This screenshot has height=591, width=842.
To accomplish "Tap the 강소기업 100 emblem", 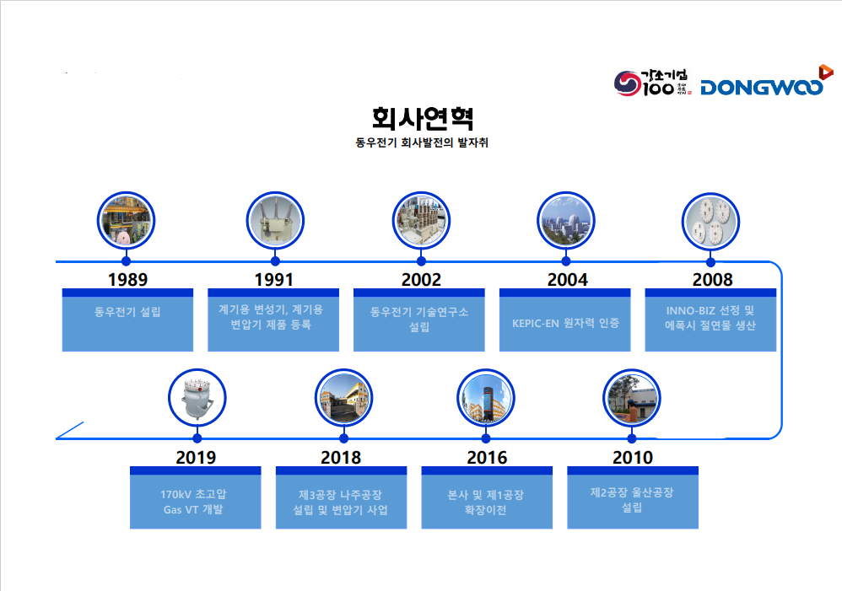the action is click(x=652, y=83).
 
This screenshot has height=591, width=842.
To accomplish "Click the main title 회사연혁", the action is click(x=422, y=118).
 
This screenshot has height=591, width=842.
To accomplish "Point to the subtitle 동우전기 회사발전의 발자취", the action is click(x=422, y=142).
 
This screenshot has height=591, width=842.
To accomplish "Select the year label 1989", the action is click(x=127, y=280).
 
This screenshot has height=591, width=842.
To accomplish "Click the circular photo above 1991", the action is click(x=275, y=221).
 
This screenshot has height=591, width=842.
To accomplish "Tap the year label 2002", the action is click(x=421, y=280).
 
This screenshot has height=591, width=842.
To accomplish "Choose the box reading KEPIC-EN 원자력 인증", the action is click(x=565, y=320).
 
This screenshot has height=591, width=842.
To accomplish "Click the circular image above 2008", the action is click(x=710, y=221).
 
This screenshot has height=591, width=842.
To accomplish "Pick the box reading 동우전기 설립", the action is click(x=127, y=320).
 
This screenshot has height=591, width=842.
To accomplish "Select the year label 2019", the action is click(x=196, y=457).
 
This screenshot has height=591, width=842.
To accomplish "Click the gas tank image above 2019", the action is click(x=197, y=398).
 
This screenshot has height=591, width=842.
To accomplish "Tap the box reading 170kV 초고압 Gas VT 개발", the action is click(x=196, y=497).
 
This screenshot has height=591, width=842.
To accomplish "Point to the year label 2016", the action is click(x=487, y=457).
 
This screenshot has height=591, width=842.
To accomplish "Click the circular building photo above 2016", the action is click(x=486, y=398).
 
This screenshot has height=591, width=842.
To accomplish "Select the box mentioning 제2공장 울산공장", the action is click(x=633, y=497).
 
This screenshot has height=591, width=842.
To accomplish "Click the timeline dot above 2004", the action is click(x=565, y=261).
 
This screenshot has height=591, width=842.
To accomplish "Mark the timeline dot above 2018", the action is click(x=343, y=438).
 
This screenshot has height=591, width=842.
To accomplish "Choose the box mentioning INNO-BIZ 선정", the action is click(x=710, y=320).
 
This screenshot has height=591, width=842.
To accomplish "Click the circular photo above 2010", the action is click(x=631, y=398).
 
